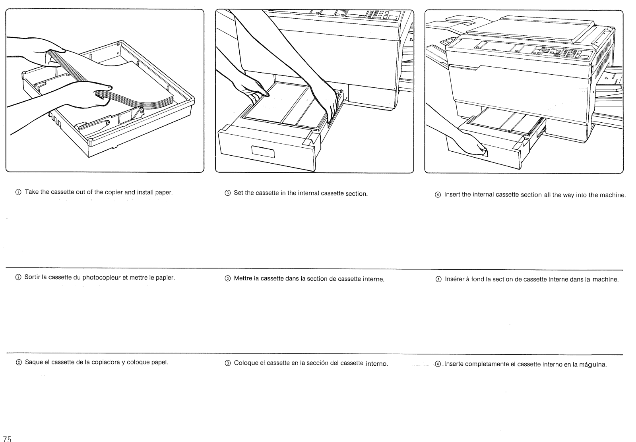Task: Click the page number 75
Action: (x=7, y=439)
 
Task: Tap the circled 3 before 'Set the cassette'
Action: (x=227, y=194)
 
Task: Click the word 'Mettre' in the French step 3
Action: (x=243, y=279)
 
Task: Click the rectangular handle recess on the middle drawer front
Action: (x=263, y=151)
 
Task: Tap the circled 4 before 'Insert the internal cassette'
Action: (x=438, y=195)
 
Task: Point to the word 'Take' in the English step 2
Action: (x=32, y=192)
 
